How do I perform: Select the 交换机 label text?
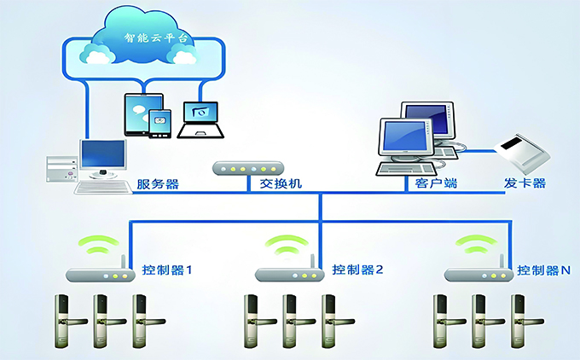tap(281, 184)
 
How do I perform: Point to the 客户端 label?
tap(432, 184)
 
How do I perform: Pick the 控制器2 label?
tap(358, 270)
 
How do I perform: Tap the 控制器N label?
tap(543, 270)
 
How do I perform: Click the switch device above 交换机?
tap(246, 167)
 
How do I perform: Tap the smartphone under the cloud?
tap(159, 124)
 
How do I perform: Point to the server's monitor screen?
tap(102, 154)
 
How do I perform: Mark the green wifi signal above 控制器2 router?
tap(285, 245)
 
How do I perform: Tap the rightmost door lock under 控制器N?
tap(517, 321)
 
